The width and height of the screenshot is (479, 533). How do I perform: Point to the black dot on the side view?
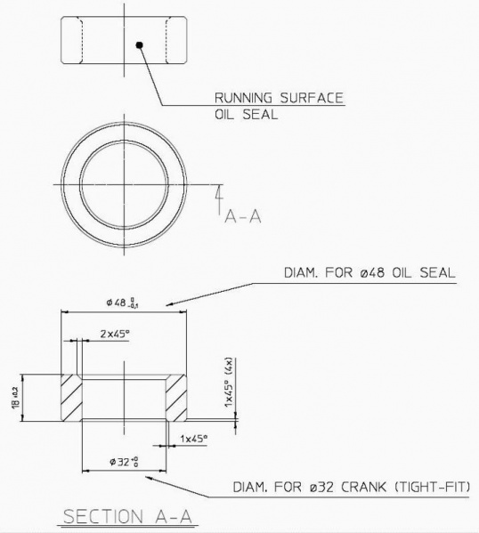pos(139,44)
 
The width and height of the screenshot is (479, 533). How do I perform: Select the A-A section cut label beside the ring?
pos(242,215)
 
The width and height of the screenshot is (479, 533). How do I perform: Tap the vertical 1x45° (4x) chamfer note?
pos(229,384)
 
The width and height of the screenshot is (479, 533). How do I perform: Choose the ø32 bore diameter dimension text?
pos(124,461)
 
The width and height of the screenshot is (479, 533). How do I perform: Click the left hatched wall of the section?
pos(70,398)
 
